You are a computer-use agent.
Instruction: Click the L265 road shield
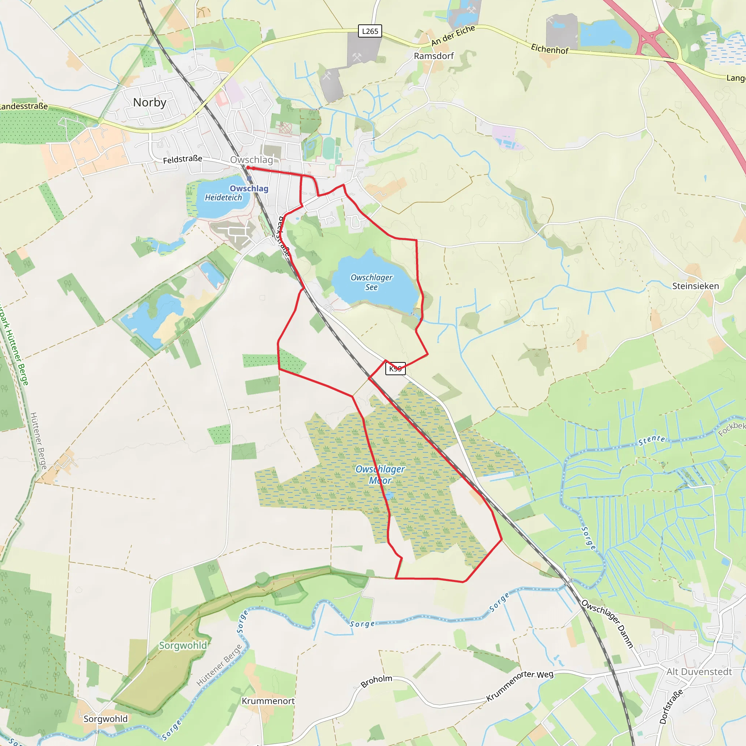click(370, 31)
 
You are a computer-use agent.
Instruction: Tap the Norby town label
click(149, 102)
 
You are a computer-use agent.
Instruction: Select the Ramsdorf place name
click(433, 56)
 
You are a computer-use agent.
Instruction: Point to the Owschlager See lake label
click(371, 282)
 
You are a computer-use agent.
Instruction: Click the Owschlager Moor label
click(380, 475)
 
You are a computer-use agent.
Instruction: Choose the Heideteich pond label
click(223, 198)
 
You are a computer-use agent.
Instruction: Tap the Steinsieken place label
click(695, 286)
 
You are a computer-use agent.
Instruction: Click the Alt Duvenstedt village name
click(699, 672)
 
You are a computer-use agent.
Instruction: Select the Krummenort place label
click(268, 701)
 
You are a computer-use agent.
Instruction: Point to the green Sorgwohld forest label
click(183, 645)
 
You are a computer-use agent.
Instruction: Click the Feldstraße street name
click(182, 159)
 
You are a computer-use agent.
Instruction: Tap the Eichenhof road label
click(549, 49)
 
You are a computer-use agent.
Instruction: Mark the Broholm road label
click(377, 681)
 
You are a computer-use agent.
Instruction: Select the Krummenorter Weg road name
click(519, 686)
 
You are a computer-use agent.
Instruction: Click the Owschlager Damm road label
click(607, 624)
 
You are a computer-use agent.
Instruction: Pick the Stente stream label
click(652, 440)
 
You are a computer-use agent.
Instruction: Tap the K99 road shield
click(395, 368)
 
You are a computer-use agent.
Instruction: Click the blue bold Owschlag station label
click(249, 188)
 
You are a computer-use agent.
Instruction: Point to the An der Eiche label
click(453, 36)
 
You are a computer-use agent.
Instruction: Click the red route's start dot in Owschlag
click(247, 168)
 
